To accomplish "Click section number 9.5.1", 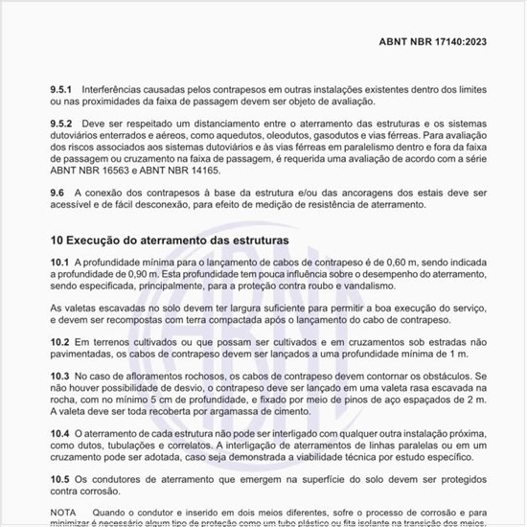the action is coord(62,89).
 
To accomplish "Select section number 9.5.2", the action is coord(62,126).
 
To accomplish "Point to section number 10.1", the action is coord(59,262).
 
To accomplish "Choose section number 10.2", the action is coord(59,341).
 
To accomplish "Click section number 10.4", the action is coord(59,434).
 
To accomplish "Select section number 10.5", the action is coord(59,479).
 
